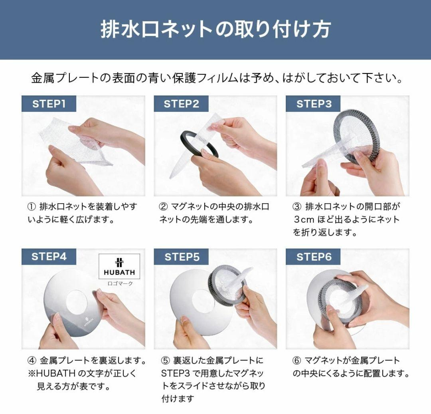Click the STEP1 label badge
(49, 104)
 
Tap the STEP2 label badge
(181, 104)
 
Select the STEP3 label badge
(313, 104)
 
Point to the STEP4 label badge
(49, 257)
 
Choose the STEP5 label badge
(181, 257)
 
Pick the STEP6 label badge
(313, 257)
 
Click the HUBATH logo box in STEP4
(119, 266)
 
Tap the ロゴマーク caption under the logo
(120, 283)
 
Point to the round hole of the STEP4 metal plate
(77, 302)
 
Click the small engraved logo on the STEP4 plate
(87, 322)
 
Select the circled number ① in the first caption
(32, 206)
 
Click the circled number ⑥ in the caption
(296, 361)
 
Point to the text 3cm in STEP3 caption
(304, 220)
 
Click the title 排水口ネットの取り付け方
(215, 30)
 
